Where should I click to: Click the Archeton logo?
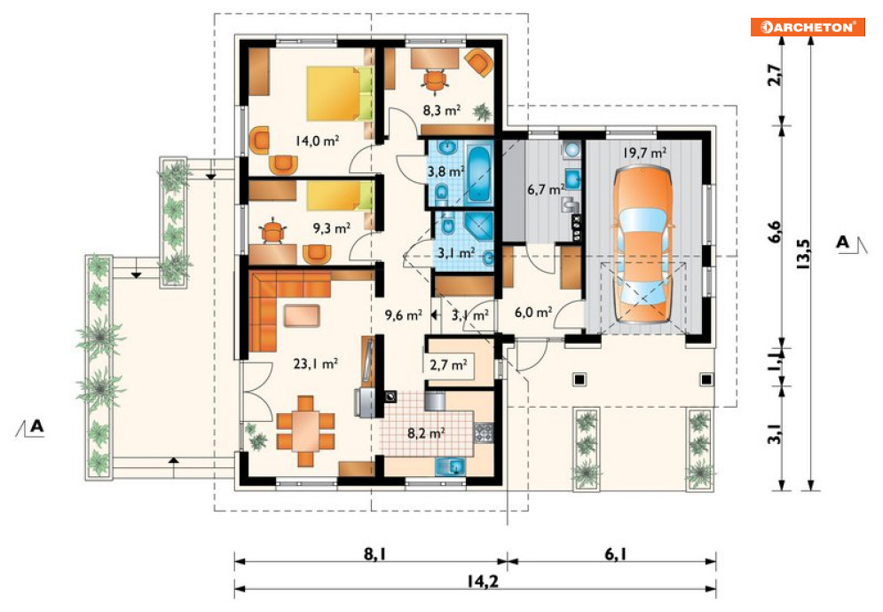pos(808,27)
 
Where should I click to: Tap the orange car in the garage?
pos(643,244)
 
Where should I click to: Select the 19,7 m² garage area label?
pos(645,152)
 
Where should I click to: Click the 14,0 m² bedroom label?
pos(317,140)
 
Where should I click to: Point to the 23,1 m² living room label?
pos(315,363)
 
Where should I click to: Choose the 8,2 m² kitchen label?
pos(426,433)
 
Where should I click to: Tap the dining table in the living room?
pos(306,431)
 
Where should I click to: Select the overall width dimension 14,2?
pos(482,580)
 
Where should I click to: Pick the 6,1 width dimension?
pos(616,553)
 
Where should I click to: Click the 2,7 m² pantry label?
pos(448,364)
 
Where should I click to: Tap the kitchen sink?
pos(451,467)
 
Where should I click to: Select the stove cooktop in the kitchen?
pos(483,433)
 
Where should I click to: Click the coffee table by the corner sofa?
pos(301,315)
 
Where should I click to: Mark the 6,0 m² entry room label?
pos(533,312)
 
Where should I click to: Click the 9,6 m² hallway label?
pos(403,314)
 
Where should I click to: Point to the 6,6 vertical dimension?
pos(776,231)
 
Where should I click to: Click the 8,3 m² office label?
pos(442,110)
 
